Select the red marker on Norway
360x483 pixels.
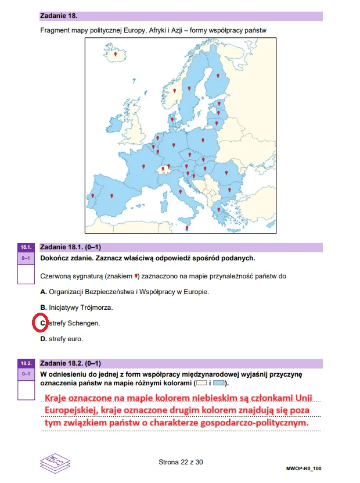click(x=174, y=90)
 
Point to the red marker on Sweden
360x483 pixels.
click(x=189, y=88)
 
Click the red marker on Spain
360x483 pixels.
click(x=112, y=195)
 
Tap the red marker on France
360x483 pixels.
click(x=144, y=166)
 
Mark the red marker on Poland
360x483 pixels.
click(x=203, y=140)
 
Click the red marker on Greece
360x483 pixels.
click(x=218, y=209)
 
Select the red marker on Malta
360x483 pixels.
click(x=186, y=228)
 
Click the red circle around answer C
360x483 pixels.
click(x=42, y=321)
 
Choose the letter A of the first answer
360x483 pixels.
click(x=43, y=291)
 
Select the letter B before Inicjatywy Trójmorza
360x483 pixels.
click(x=43, y=307)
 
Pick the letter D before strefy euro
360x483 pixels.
click(x=43, y=338)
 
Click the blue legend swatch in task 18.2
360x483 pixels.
click(x=218, y=384)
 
